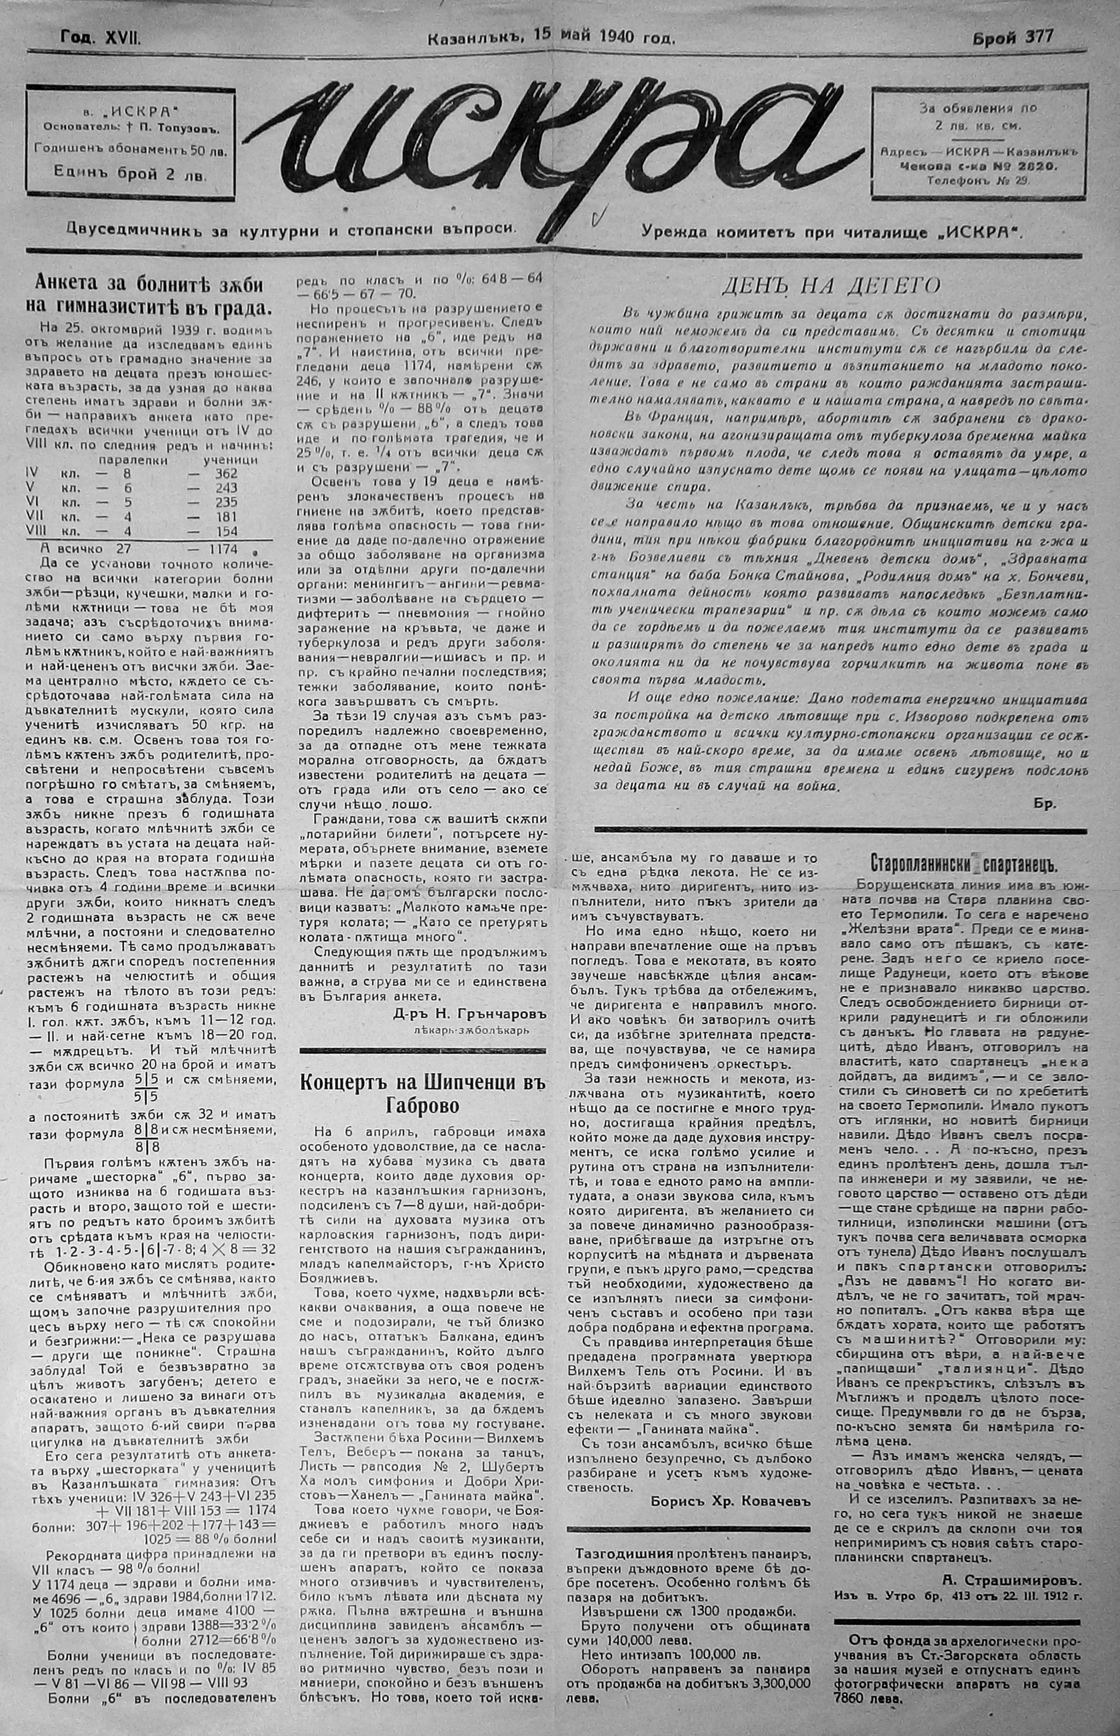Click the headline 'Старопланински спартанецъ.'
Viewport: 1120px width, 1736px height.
pos(963,864)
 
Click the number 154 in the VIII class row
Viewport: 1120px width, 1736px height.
pos(222,530)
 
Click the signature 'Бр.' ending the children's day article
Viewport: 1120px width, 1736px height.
pos(1044,804)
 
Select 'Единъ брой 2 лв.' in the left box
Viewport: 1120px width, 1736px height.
pos(129,175)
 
